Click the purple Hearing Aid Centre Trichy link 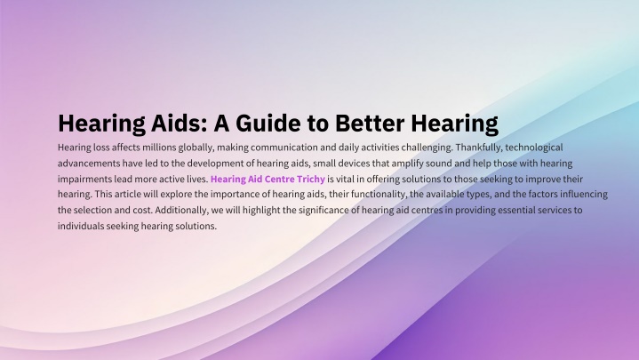(268, 179)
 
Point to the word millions (159, 148)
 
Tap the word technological (534, 148)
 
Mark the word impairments (84, 180)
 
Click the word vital (345, 179)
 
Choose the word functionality (379, 195)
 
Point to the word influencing (584, 195)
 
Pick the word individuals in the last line (81, 226)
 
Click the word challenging (427, 148)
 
